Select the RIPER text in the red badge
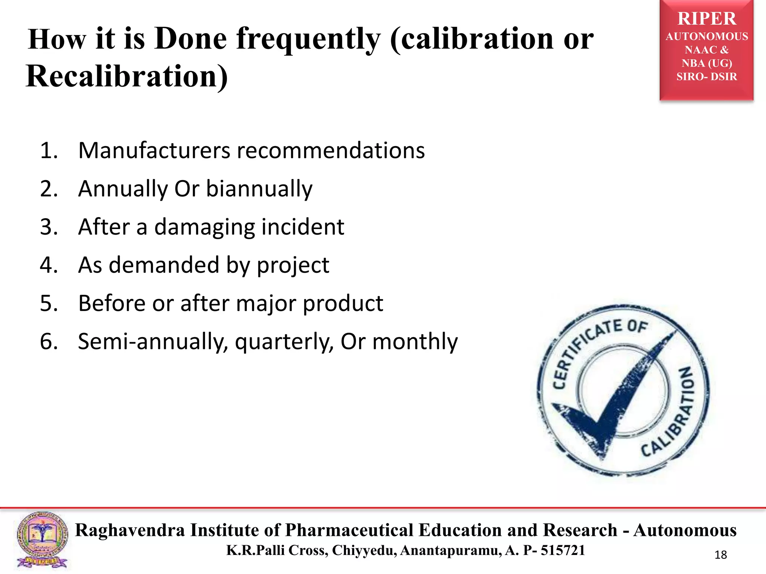click(707, 19)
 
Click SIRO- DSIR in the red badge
click(707, 77)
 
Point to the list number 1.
click(49, 151)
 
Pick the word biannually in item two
click(259, 189)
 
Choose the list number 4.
click(49, 265)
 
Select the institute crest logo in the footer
click(42, 540)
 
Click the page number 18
click(720, 555)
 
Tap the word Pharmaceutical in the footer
click(349, 530)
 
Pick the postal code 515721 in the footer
click(563, 550)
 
